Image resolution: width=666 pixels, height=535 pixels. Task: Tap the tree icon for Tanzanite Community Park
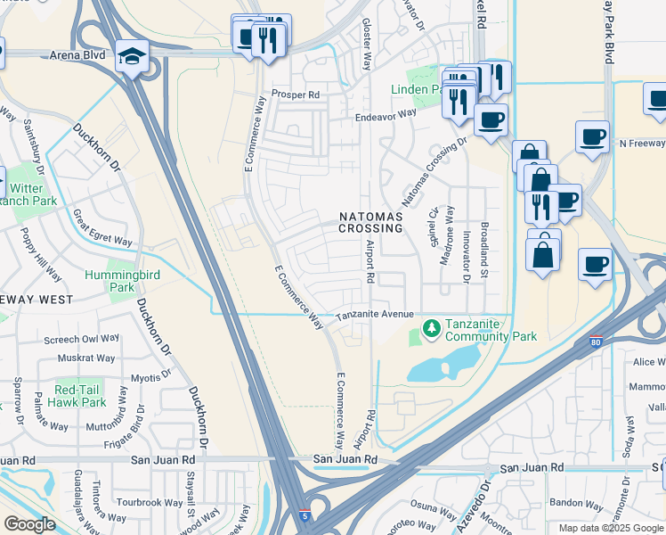tap(432, 329)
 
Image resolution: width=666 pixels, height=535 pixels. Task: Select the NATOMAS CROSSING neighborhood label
tap(370, 222)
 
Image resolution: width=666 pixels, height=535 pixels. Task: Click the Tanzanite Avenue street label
tap(375, 315)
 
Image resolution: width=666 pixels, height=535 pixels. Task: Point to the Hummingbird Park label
tap(123, 282)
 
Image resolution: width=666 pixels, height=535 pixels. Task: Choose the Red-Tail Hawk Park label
tap(80, 397)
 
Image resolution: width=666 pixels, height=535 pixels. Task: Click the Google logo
tap(28, 524)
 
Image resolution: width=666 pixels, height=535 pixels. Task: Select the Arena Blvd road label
tap(78, 55)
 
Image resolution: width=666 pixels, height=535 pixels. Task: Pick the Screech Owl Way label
tap(82, 340)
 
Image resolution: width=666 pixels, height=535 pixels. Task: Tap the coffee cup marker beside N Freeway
tap(592, 137)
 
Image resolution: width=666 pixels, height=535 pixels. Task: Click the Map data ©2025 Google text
tap(610, 528)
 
